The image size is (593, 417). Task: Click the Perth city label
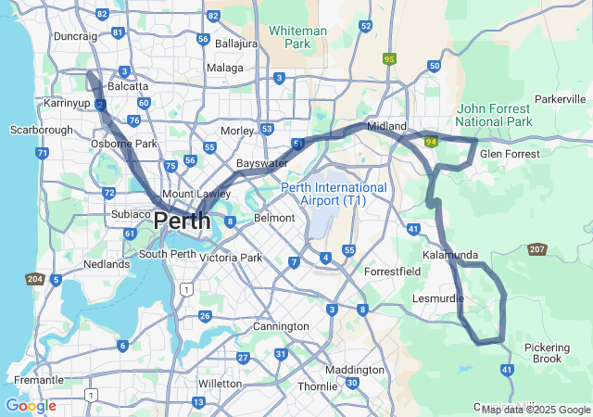pos(182,221)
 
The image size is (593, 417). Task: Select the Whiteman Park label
pos(297,37)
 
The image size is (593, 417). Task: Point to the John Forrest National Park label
pos(494,115)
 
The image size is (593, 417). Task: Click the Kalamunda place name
pos(449,255)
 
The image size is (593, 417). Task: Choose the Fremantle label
pos(39,380)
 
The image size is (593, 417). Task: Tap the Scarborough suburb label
pos(41,131)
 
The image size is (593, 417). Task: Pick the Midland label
pos(386,125)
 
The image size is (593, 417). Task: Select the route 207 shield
pos(537,249)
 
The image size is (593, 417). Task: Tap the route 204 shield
pos(35,279)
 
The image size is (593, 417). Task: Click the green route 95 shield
pos(389,59)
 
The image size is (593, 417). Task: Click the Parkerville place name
pos(561,99)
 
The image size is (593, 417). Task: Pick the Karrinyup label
pos(66,102)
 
